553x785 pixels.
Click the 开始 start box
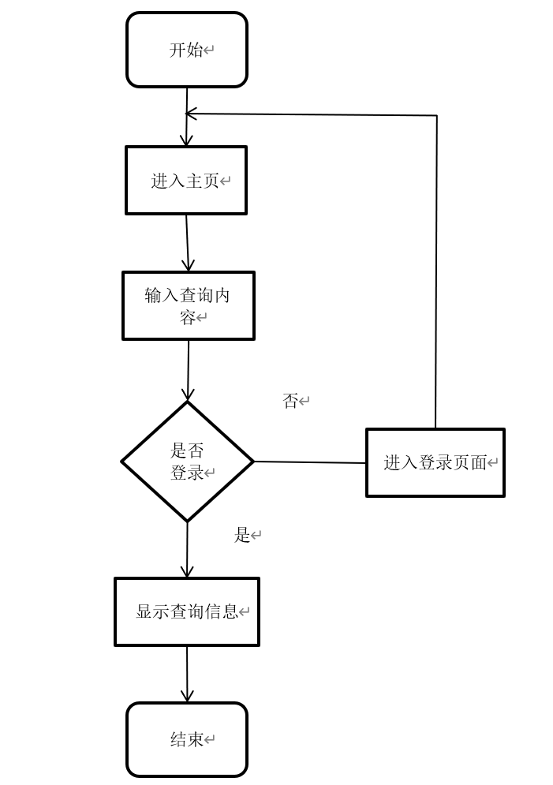187,50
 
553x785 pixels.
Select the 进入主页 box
186,180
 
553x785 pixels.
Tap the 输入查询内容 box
189,306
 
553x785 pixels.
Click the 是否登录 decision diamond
187,462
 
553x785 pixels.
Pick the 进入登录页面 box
435,462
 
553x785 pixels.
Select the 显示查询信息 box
187,611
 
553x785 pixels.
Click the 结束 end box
187,739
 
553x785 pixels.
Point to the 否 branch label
291,401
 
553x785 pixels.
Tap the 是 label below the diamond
242,535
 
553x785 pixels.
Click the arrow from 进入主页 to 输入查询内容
188,243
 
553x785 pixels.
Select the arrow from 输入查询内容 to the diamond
189,371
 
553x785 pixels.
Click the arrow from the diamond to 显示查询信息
187,550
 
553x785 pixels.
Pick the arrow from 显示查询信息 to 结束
187,675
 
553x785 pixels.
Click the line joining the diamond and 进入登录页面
310,462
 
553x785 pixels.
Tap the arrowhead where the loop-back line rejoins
191,114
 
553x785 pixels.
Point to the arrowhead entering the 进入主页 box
187,140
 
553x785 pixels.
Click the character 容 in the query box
188,317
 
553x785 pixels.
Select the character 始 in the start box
195,50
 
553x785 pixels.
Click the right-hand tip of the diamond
254,462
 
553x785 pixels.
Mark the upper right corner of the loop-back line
437,116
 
